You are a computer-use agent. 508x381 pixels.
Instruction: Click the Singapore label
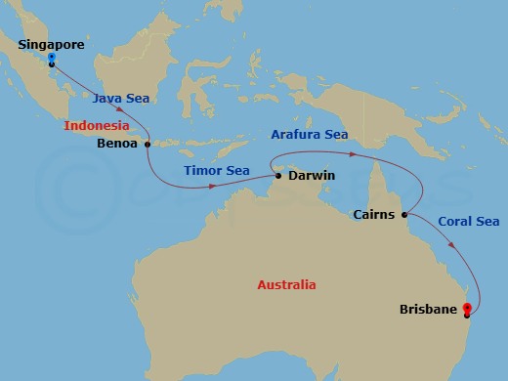(51, 45)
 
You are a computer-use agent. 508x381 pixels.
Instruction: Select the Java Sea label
(121, 98)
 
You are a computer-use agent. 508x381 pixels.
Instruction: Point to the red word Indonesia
(98, 126)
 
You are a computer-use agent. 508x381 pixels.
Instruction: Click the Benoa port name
(119, 143)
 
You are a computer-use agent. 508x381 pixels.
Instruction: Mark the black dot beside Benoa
(148, 145)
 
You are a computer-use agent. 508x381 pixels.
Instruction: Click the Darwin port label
(312, 176)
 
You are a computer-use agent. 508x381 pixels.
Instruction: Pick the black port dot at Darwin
(278, 176)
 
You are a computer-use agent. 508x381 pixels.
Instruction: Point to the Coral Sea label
(468, 222)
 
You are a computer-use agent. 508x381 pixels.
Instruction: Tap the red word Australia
(286, 285)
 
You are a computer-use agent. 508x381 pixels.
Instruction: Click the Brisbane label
(428, 311)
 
